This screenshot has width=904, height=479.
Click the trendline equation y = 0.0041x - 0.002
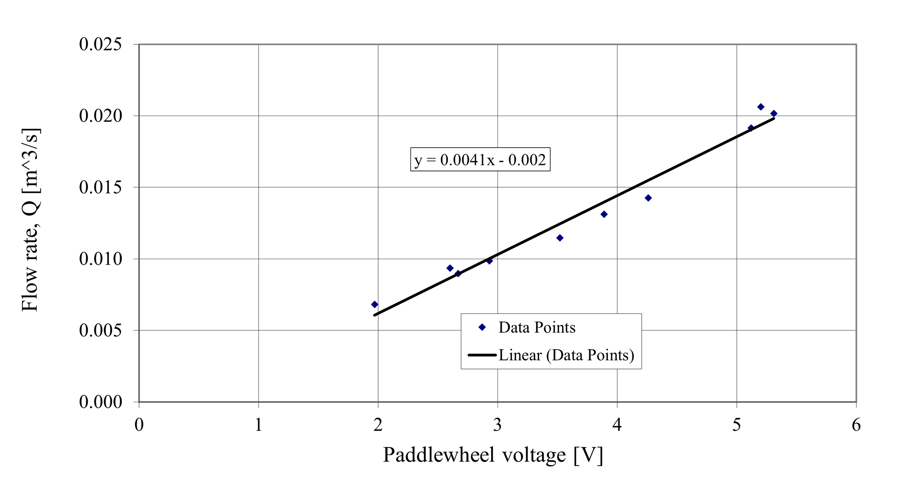[480, 160]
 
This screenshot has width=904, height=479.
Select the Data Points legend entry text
[537, 327]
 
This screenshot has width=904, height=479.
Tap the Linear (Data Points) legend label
[566, 355]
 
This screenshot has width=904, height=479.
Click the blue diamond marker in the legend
[482, 327]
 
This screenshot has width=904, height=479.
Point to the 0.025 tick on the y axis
[100, 44]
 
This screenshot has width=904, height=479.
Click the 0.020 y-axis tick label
[100, 116]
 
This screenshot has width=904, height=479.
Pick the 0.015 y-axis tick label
[100, 187]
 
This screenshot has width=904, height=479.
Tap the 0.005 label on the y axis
[100, 330]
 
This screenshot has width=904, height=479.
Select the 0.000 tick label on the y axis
[100, 402]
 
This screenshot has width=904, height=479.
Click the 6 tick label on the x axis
[856, 425]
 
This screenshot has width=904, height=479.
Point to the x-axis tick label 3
[498, 425]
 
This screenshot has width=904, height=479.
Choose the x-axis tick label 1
[258, 425]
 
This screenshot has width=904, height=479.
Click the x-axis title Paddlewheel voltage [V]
[493, 455]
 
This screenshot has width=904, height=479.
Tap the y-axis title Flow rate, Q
[30, 220]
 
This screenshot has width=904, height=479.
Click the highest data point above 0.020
[760, 107]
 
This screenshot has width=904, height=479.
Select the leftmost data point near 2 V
[374, 304]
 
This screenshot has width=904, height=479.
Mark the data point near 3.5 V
[560, 238]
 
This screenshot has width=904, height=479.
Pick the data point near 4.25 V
[648, 198]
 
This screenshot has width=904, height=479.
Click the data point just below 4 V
[604, 214]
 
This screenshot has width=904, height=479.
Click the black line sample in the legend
[482, 355]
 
